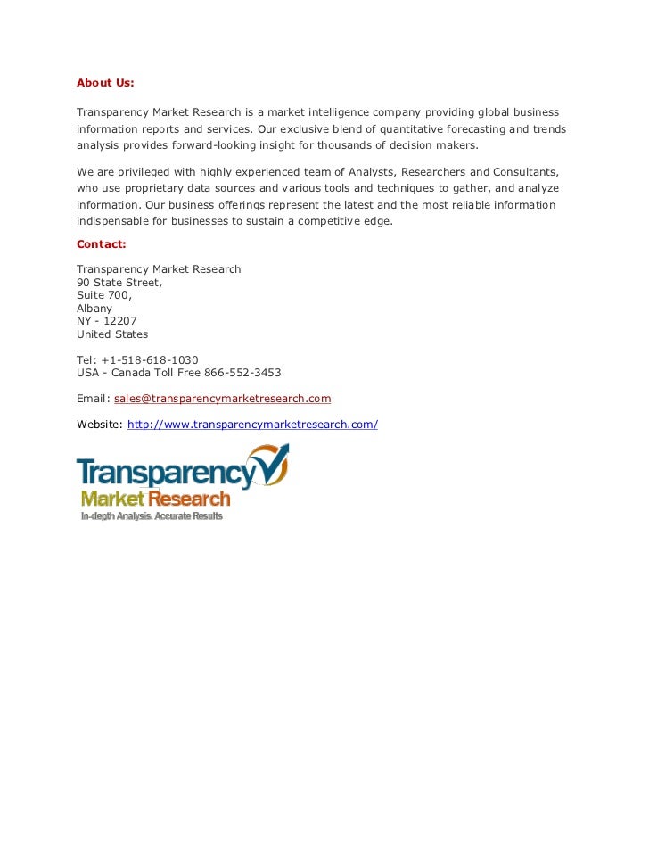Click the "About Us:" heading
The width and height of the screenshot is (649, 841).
105,83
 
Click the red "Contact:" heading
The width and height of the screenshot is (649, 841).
102,243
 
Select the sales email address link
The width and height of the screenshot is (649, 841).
222,399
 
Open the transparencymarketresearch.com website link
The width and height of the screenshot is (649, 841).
252,425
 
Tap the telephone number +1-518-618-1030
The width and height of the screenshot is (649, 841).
150,360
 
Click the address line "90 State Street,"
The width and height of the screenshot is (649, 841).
119,283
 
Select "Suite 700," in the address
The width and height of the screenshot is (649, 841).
104,295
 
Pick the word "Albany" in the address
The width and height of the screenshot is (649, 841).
94,309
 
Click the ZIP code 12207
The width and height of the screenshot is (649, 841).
121,321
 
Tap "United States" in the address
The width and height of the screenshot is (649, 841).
112,334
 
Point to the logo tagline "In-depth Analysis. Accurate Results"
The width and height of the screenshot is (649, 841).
152,516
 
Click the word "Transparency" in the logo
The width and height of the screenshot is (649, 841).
165,473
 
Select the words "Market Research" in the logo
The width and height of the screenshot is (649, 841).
155,499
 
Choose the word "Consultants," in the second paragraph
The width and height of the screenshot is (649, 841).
527,171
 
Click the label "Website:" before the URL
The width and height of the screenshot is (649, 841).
100,425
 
